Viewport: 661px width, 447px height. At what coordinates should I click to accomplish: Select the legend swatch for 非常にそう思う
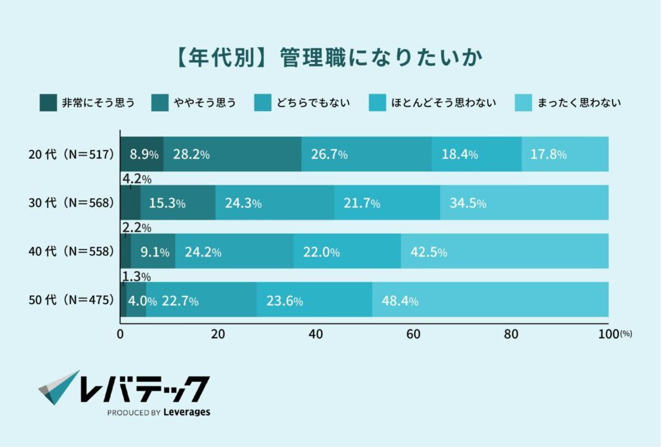point(48,102)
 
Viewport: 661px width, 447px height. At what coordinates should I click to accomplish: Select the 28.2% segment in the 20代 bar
point(232,154)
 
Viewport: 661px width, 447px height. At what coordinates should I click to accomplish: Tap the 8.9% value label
point(145,154)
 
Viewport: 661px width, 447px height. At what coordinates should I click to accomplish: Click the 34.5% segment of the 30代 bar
point(524,203)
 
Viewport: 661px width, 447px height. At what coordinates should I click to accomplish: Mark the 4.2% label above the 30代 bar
point(136,179)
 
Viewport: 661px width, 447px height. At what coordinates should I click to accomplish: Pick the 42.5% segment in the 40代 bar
point(504,251)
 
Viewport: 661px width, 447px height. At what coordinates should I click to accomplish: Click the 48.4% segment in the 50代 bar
point(490,300)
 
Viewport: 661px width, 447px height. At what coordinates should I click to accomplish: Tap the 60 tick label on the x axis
point(413,334)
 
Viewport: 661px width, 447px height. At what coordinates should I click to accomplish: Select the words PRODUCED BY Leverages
point(158,412)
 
